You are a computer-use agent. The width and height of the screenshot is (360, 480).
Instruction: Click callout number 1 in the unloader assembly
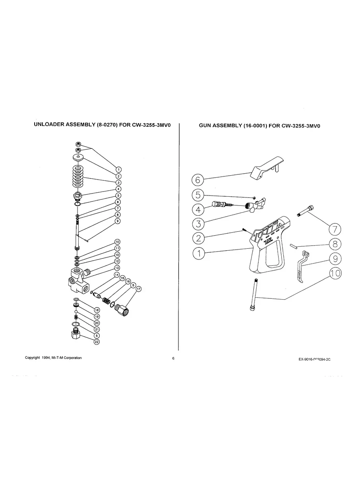pyautogui.click(x=118, y=170)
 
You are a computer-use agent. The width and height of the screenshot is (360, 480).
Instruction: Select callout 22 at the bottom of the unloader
pyautogui.click(x=96, y=342)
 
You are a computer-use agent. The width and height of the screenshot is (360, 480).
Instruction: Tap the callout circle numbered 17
pyautogui.click(x=138, y=289)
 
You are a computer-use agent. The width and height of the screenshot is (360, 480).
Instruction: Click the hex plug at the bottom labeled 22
pyautogui.click(x=76, y=337)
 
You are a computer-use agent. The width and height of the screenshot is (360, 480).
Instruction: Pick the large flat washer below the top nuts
pyautogui.click(x=78, y=158)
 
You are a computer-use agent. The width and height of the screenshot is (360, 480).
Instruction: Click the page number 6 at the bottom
pyautogui.click(x=173, y=358)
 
